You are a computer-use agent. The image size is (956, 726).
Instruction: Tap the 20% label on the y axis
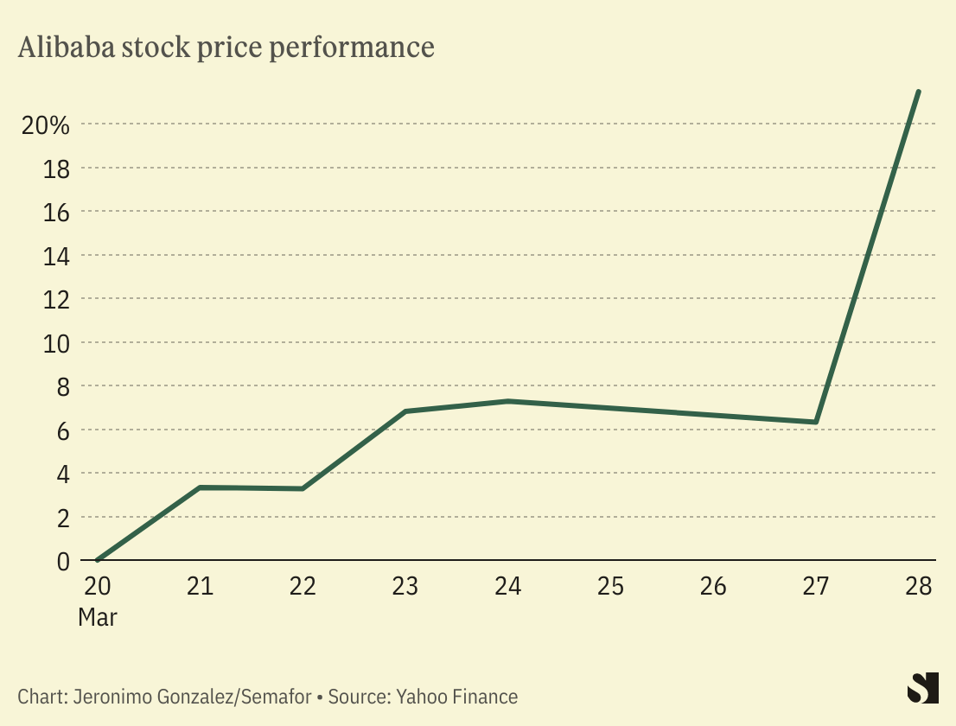tap(45, 125)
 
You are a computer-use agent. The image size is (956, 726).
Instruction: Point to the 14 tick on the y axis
tap(55, 256)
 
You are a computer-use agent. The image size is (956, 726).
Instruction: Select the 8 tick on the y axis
tap(63, 386)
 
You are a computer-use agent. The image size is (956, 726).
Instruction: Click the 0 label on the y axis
tap(63, 562)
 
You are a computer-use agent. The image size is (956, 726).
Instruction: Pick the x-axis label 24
tap(508, 587)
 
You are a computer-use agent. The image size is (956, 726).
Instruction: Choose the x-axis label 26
tap(713, 587)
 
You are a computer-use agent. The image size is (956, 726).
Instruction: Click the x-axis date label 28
tap(918, 587)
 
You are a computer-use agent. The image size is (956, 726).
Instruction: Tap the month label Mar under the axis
tap(98, 618)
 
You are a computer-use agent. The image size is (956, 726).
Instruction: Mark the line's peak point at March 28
tap(918, 91)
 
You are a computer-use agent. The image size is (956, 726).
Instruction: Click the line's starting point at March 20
tap(98, 560)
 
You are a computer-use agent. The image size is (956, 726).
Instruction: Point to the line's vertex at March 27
tap(816, 422)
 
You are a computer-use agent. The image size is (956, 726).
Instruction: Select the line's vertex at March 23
tap(405, 411)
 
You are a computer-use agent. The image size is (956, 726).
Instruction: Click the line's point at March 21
tap(200, 487)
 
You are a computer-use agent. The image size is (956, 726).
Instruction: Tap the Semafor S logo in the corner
tap(922, 688)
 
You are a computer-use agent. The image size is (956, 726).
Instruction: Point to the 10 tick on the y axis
tap(55, 343)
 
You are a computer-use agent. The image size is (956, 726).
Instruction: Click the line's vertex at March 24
tap(508, 401)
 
